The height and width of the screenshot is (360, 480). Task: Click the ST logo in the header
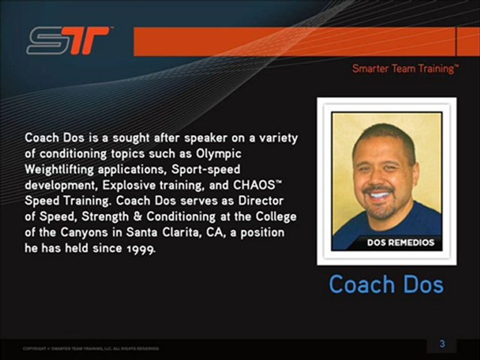pos(68,40)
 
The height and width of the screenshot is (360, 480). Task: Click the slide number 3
pos(442,344)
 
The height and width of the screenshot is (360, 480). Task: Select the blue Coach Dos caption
pos(386,284)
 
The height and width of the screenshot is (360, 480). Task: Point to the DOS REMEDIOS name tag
pos(400,243)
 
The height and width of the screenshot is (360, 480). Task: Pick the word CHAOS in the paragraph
pos(249,184)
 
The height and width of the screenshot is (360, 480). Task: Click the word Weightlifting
pos(59,168)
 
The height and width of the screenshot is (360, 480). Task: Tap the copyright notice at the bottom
pos(91,348)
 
